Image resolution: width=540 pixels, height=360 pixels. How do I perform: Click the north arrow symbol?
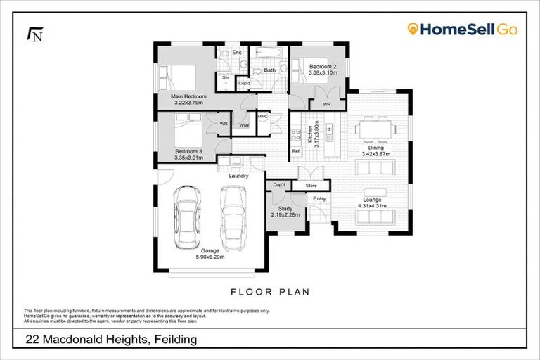34,34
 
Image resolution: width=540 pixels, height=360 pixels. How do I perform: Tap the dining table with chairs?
374,129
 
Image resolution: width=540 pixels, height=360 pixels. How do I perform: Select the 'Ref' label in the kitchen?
295,150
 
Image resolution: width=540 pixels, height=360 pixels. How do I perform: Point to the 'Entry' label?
320,199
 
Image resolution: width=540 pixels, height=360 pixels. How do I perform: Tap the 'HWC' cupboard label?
262,116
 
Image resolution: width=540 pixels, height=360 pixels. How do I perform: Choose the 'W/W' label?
244,125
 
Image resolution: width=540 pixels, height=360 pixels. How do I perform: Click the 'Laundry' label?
238,176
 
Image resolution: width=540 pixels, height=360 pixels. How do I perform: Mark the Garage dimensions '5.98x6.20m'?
210,257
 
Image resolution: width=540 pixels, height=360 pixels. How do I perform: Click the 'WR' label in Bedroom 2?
327,105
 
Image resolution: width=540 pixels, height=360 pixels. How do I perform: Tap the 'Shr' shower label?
226,77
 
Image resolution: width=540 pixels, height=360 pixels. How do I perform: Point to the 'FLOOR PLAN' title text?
271,291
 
